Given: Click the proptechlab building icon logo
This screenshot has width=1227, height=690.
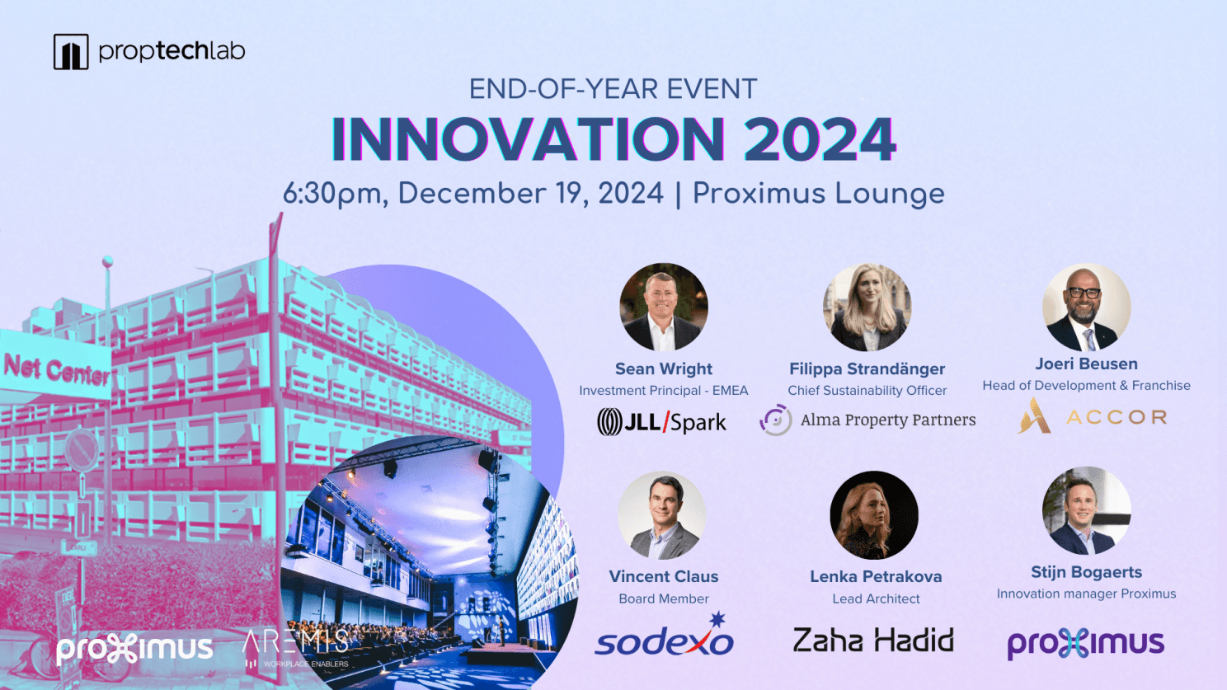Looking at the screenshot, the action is (x=71, y=51).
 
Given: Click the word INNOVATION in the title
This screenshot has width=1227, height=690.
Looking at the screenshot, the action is (x=528, y=139).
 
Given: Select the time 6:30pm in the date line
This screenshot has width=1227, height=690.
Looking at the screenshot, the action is (x=336, y=194).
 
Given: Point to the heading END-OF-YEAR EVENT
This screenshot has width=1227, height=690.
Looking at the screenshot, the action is (x=613, y=89).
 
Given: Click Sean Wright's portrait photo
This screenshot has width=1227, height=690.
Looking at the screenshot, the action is (x=663, y=307).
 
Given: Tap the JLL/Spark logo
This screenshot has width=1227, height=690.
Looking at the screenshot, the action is (x=661, y=422).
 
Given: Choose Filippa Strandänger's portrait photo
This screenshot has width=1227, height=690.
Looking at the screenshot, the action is (x=867, y=307).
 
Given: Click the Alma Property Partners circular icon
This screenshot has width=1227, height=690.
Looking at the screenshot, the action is (x=776, y=420).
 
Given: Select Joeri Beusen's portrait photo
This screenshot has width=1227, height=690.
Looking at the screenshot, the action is (x=1086, y=307).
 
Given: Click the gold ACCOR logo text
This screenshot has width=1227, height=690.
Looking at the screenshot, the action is (x=1117, y=417).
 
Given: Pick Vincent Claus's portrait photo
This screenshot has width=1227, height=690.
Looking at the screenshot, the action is (x=662, y=515).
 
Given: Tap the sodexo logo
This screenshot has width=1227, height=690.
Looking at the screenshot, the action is (x=664, y=636).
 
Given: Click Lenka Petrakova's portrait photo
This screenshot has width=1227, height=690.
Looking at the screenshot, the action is (x=874, y=515).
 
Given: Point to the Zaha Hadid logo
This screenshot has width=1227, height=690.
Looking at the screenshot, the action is (x=874, y=640).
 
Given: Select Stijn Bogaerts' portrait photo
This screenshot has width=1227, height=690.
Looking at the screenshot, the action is (x=1086, y=510).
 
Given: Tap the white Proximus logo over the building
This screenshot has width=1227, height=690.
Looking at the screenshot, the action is (x=134, y=650).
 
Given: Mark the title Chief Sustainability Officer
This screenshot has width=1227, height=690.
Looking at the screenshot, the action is (x=867, y=391).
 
